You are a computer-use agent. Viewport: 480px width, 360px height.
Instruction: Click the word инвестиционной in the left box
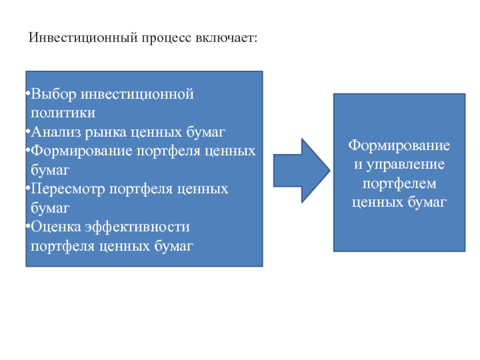[137, 95]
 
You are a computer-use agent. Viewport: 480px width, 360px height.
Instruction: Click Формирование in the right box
[400, 146]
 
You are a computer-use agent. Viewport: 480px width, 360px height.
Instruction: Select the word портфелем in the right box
[400, 183]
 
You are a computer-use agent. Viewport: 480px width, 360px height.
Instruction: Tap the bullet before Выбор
[28, 95]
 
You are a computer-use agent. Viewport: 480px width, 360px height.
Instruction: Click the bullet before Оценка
[28, 227]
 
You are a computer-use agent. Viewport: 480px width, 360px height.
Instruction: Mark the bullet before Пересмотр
[28, 190]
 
